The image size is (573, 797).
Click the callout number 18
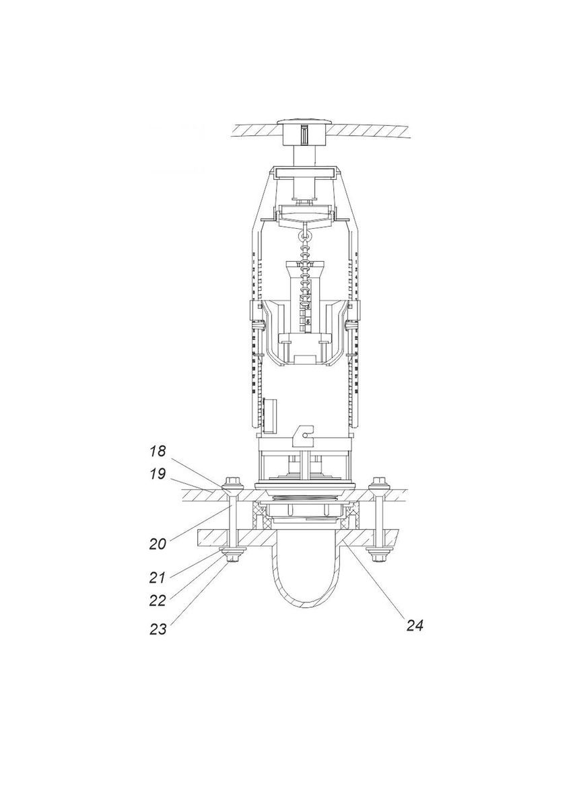pyautogui.click(x=157, y=450)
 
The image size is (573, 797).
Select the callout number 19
pyautogui.click(x=157, y=475)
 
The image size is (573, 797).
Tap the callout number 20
pyautogui.click(x=158, y=544)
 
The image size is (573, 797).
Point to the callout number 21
pyautogui.click(x=158, y=578)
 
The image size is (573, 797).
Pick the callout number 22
pyautogui.click(x=158, y=600)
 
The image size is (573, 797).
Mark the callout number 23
pyautogui.click(x=158, y=629)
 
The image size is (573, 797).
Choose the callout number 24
pyautogui.click(x=414, y=626)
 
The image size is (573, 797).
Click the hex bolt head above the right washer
pyautogui.click(x=378, y=481)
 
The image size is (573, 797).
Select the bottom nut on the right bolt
pyautogui.click(x=378, y=558)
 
